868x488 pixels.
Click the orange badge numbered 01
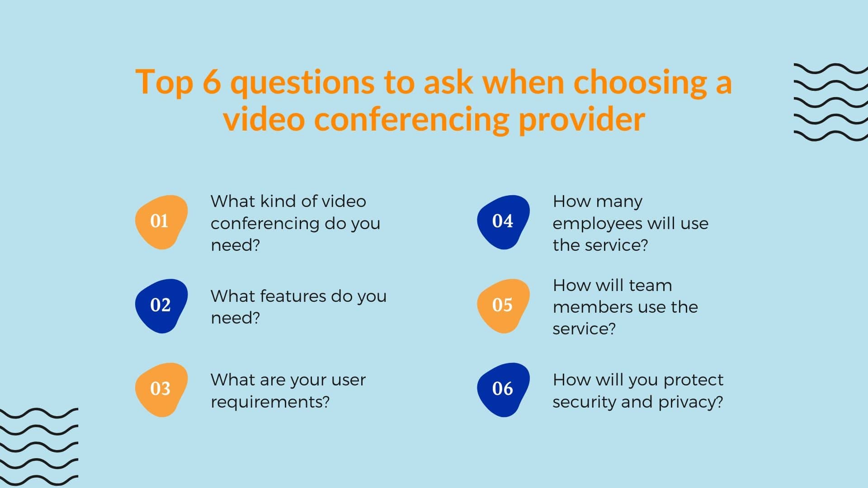coord(161,222)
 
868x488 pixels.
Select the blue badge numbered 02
coord(161,306)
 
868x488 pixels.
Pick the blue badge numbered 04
coord(503,222)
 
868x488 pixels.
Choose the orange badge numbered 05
coord(503,306)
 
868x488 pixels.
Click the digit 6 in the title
coord(212,82)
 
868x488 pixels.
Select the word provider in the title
coord(581,119)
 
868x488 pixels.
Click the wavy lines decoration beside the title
coord(830,102)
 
